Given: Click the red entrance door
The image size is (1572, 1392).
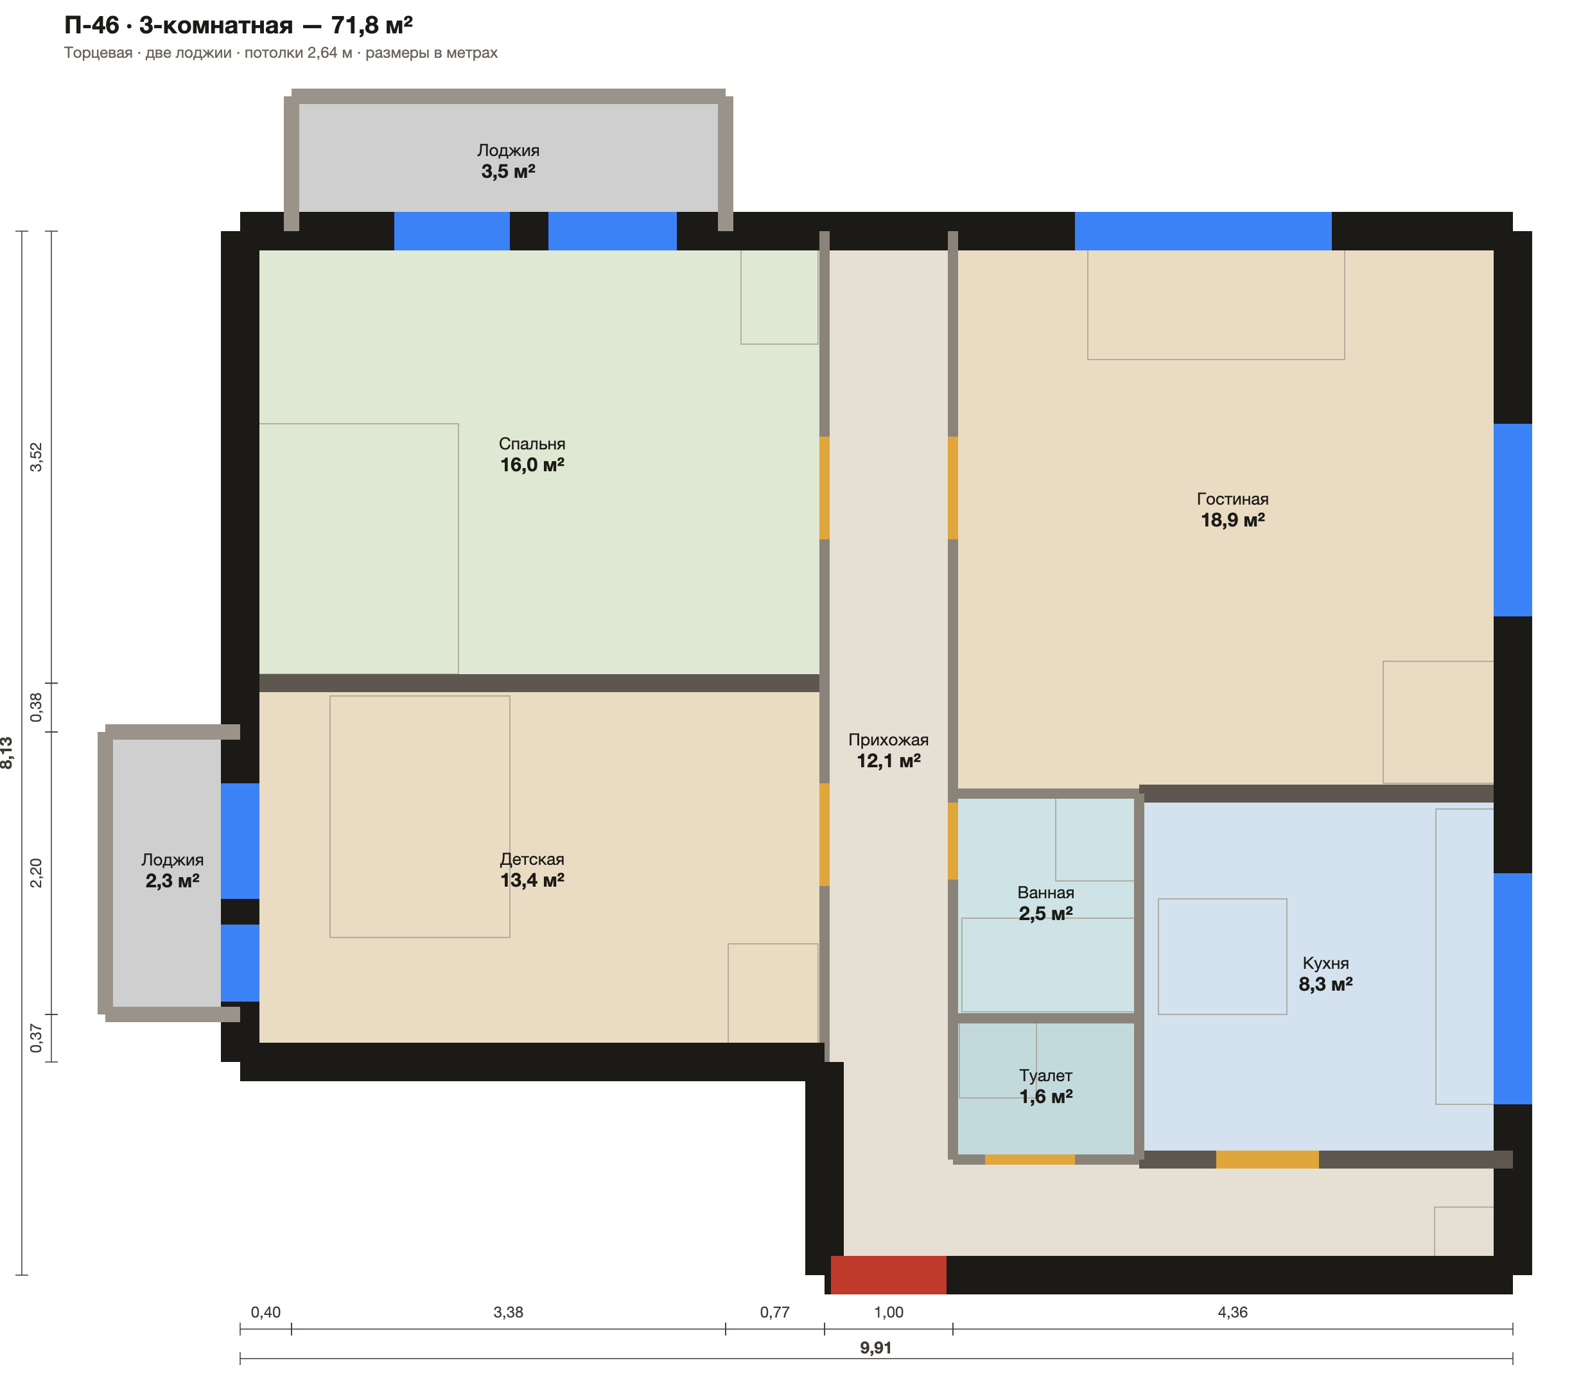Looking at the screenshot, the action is pos(888,1275).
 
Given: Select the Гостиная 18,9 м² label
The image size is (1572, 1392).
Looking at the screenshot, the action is pos(1233,510).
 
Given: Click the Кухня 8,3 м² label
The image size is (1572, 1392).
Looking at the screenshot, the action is pos(1326,973).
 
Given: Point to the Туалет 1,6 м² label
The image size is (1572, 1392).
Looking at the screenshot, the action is pos(1046,1086).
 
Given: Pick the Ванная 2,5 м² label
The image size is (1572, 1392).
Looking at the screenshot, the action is pos(1046,903).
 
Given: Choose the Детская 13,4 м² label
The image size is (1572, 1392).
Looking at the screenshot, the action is pos(532,870).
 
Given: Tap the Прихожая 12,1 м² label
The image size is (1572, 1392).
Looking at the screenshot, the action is pos(888,751).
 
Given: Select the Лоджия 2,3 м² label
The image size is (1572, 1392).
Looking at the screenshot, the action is pos(172,871).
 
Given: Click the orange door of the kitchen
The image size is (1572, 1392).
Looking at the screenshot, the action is pos(1268,1159).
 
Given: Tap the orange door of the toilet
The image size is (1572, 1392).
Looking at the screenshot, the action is pos(1030,1159).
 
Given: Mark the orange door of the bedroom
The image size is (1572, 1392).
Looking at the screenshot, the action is pos(825,487).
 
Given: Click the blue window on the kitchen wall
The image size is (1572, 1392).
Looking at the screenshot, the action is pos(1513,988).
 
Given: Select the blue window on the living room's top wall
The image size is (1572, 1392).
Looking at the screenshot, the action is pos(1203,231).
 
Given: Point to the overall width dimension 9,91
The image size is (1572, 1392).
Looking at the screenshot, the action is pos(876,1348).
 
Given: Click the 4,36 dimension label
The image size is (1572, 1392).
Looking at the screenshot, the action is pos(1233,1312).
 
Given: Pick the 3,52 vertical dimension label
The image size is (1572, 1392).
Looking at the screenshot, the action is pos(36,457).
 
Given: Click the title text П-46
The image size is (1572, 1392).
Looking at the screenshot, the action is pos(92,26).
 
